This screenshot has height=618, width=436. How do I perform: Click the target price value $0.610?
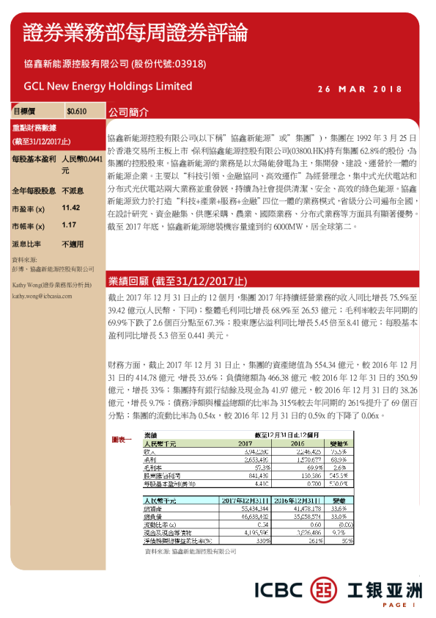click(x=76, y=112)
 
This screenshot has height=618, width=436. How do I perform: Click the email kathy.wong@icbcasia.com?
click(x=40, y=297)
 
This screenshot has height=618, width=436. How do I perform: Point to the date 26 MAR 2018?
click(x=360, y=90)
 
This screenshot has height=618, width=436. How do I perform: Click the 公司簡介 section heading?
click(x=128, y=113)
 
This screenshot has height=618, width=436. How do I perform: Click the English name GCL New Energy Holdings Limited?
click(x=108, y=86)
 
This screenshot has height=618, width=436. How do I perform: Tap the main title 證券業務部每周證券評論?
click(x=135, y=32)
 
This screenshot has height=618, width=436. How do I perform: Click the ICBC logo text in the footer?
click(x=278, y=589)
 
